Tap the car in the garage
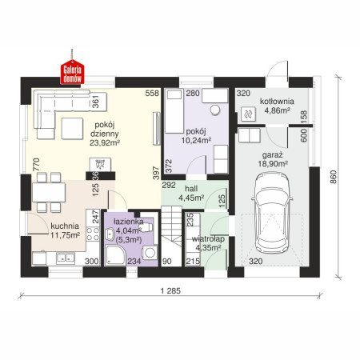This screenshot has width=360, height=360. coord(272,213)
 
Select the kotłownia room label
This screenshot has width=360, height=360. coord(277,102)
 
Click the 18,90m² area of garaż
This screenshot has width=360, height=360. coord(273,164)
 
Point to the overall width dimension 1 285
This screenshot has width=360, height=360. coord(170,290)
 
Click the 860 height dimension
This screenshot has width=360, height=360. coord(334,177)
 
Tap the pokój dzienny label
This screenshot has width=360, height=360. coord(105,129)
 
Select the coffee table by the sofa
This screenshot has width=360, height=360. coord(72,129)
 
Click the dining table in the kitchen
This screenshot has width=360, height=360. coord(49,192)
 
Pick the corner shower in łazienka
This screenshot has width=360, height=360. coord(115,255)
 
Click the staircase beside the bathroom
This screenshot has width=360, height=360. coord(171,236)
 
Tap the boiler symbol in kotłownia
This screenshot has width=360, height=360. coord(248,114)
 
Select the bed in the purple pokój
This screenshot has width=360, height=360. coord(174,111)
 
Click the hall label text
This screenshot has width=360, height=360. coord(191,189)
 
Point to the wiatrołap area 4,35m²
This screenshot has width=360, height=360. coord(208,248)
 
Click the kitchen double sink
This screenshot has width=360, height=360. coord(66,258)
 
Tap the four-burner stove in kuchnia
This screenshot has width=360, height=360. coord(93,234)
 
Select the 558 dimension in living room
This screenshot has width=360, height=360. coord(152,93)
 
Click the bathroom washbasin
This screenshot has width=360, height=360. coord(110,234)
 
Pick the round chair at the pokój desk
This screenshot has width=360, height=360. coord(215,110)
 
